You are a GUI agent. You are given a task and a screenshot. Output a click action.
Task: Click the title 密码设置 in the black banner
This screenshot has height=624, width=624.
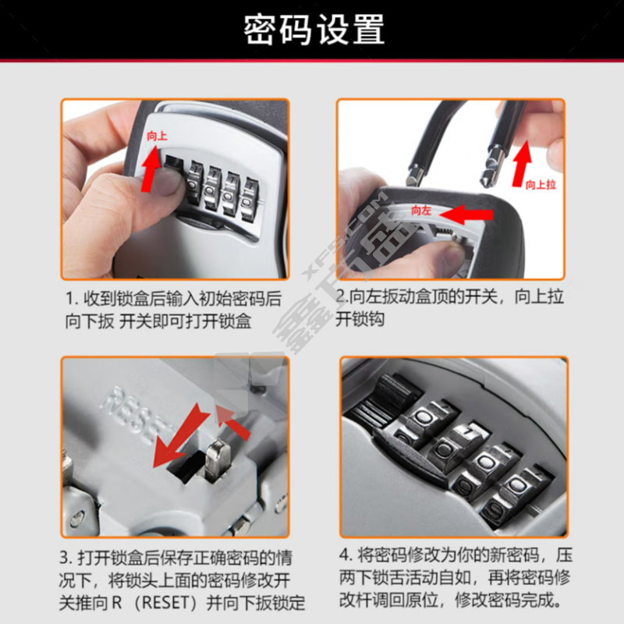point(314,29)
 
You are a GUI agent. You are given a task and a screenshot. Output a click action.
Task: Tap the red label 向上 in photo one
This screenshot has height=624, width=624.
point(158,136)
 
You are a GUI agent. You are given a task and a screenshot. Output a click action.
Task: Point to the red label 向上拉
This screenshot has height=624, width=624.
point(541,185)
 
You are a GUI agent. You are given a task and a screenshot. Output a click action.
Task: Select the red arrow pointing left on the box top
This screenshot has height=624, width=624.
point(466,215)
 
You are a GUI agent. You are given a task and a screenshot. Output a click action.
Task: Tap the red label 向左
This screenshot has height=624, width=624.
point(421,210)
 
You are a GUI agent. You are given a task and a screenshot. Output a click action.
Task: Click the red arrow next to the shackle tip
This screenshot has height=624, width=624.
point(522,164)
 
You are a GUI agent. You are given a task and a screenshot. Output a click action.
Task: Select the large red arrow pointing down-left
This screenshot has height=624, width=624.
point(180,437)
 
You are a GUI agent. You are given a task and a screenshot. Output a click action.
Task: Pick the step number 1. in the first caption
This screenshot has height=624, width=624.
point(72,299)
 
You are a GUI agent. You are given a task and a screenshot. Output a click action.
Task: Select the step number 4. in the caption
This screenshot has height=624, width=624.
point(346,555)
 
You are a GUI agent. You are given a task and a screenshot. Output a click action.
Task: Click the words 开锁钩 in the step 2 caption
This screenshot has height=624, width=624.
point(360,319)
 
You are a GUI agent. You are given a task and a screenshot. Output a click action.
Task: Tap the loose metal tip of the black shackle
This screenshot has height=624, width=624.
point(491,167)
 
